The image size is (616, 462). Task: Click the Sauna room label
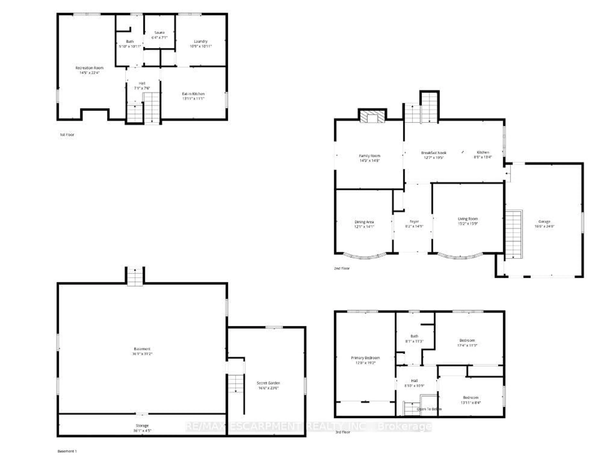160,33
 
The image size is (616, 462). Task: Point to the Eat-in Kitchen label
193,94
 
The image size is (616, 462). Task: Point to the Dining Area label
364,222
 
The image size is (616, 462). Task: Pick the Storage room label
142,426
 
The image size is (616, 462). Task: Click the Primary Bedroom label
365,358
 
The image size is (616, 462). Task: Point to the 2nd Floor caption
342,268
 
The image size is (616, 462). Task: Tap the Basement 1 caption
67,451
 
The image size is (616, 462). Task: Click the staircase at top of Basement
135,277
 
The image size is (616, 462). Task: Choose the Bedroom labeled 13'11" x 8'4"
471,398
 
